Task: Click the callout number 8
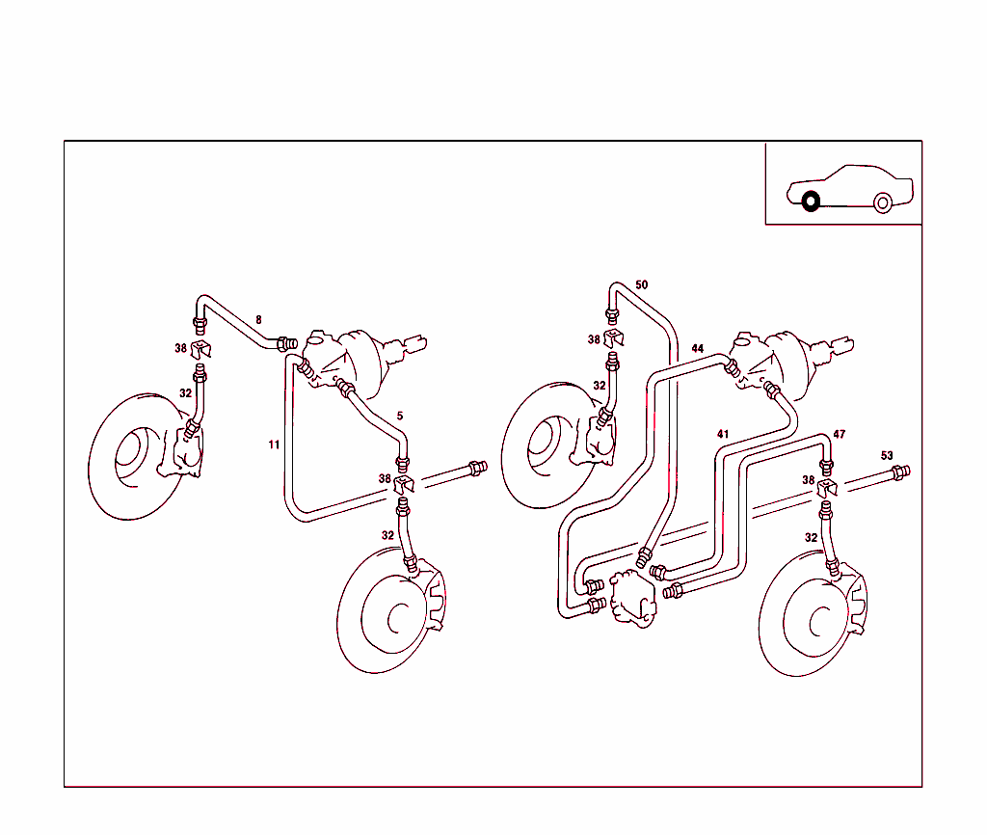click(258, 318)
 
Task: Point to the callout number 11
click(275, 444)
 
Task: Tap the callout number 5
click(400, 416)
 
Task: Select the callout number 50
click(642, 284)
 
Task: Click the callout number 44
click(698, 348)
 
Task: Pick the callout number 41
click(723, 434)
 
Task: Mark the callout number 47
click(840, 435)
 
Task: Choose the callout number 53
click(887, 455)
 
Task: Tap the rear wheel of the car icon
click(882, 202)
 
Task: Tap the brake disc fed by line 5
click(386, 612)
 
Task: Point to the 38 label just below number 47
click(808, 479)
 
